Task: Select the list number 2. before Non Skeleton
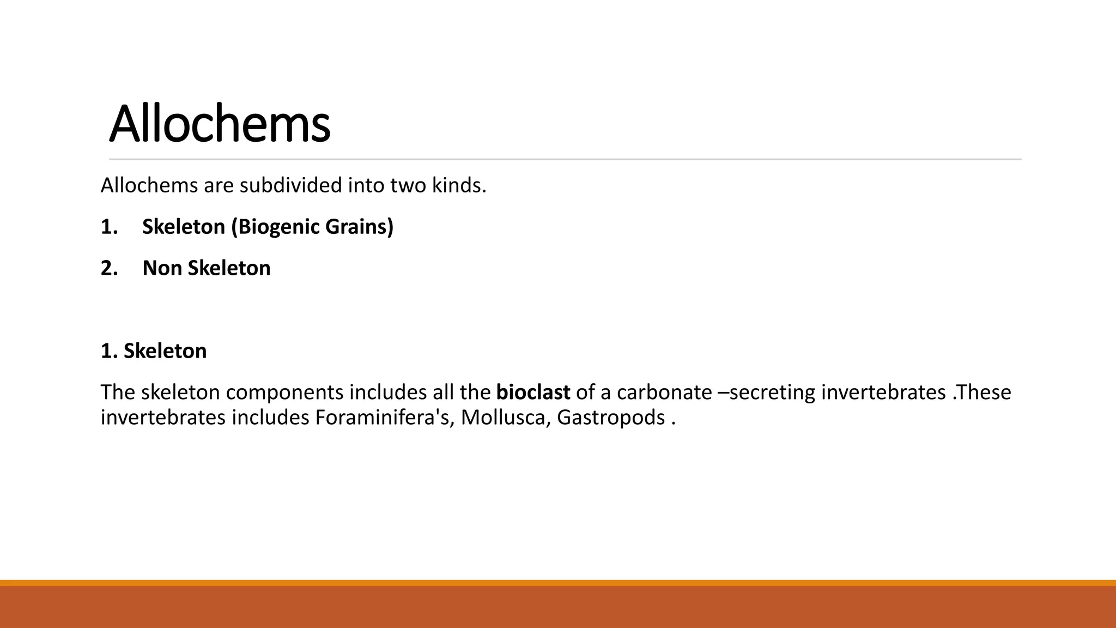click(109, 268)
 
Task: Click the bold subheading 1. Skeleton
click(154, 351)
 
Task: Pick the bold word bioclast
click(533, 392)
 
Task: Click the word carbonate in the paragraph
click(664, 392)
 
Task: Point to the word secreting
click(772, 392)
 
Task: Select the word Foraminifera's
click(385, 418)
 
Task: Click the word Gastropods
click(610, 418)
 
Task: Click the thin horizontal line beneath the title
click(565, 159)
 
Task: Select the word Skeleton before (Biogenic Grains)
click(184, 227)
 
